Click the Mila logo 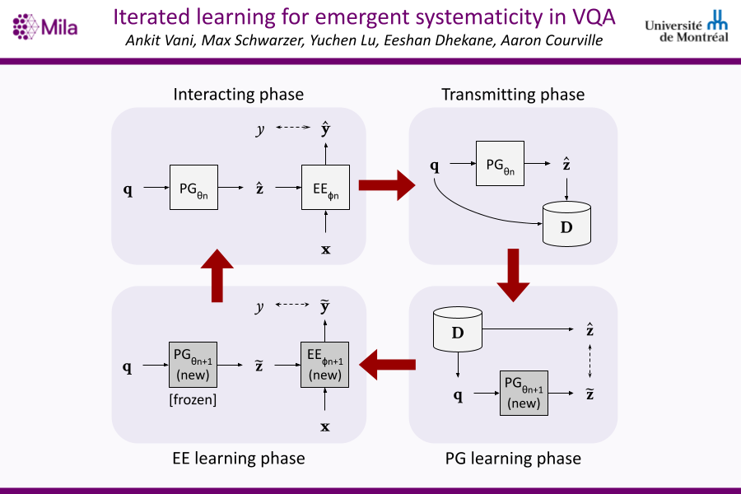(45, 27)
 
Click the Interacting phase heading (238, 94)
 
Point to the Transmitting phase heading (513, 94)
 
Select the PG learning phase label (513, 458)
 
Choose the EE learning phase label (238, 458)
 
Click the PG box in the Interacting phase (194, 189)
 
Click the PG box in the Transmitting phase (501, 165)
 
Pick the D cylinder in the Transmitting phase (566, 223)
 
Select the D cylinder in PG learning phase (457, 331)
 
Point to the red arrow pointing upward (217, 274)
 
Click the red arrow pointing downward (513, 274)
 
